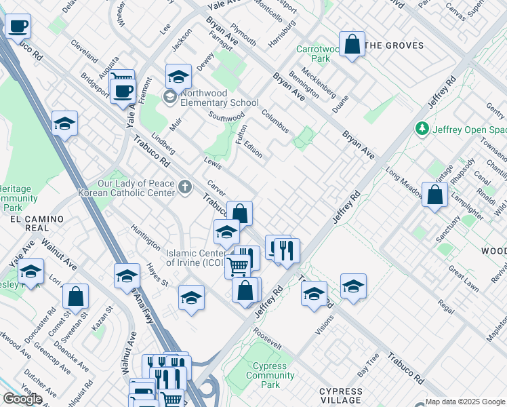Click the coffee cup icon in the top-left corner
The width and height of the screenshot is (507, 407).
tap(18, 27)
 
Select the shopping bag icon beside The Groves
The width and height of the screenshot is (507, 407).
tap(352, 45)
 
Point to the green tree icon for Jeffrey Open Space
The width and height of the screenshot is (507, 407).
tap(422, 128)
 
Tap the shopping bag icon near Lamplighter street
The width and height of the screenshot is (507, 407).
tap(434, 195)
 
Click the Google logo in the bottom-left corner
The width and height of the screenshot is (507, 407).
tap(22, 399)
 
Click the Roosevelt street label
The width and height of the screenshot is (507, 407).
tap(267, 339)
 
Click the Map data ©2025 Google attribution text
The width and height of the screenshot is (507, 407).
tap(464, 402)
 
